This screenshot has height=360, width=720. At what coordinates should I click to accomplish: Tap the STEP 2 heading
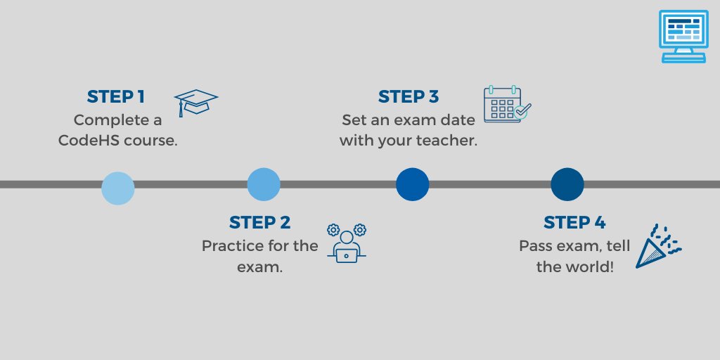259,223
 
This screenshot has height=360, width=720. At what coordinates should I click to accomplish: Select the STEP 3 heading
412,96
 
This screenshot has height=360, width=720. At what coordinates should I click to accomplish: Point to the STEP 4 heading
574,223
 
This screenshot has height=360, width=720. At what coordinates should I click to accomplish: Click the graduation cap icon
195,102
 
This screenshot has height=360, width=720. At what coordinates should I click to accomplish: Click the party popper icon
657,245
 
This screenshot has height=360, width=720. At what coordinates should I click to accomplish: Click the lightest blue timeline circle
118,188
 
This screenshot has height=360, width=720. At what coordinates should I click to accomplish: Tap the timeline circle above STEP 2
264,184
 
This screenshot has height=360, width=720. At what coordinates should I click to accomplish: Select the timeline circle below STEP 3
412,184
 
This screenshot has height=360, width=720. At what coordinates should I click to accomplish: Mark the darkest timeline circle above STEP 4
567,184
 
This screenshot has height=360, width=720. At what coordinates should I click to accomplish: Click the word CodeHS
88,140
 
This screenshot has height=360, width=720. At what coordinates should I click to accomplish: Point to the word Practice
231,247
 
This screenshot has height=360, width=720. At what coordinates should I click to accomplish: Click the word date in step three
458,120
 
